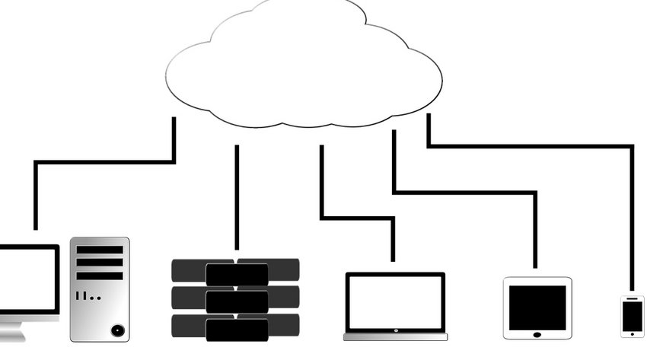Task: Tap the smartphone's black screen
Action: [x=633, y=316]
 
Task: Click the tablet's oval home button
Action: [x=537, y=333]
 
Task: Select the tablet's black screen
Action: [x=537, y=307]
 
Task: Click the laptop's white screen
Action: [x=395, y=302]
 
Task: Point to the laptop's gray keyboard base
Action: [x=395, y=336]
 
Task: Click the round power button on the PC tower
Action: [x=116, y=330]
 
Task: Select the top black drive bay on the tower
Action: [x=100, y=250]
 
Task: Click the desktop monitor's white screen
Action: [x=27, y=279]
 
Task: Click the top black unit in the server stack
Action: [x=237, y=274]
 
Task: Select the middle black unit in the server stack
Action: [x=237, y=302]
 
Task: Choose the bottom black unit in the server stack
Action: [x=237, y=330]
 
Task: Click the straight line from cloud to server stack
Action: [x=237, y=198]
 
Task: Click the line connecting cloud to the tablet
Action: [x=464, y=193]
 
